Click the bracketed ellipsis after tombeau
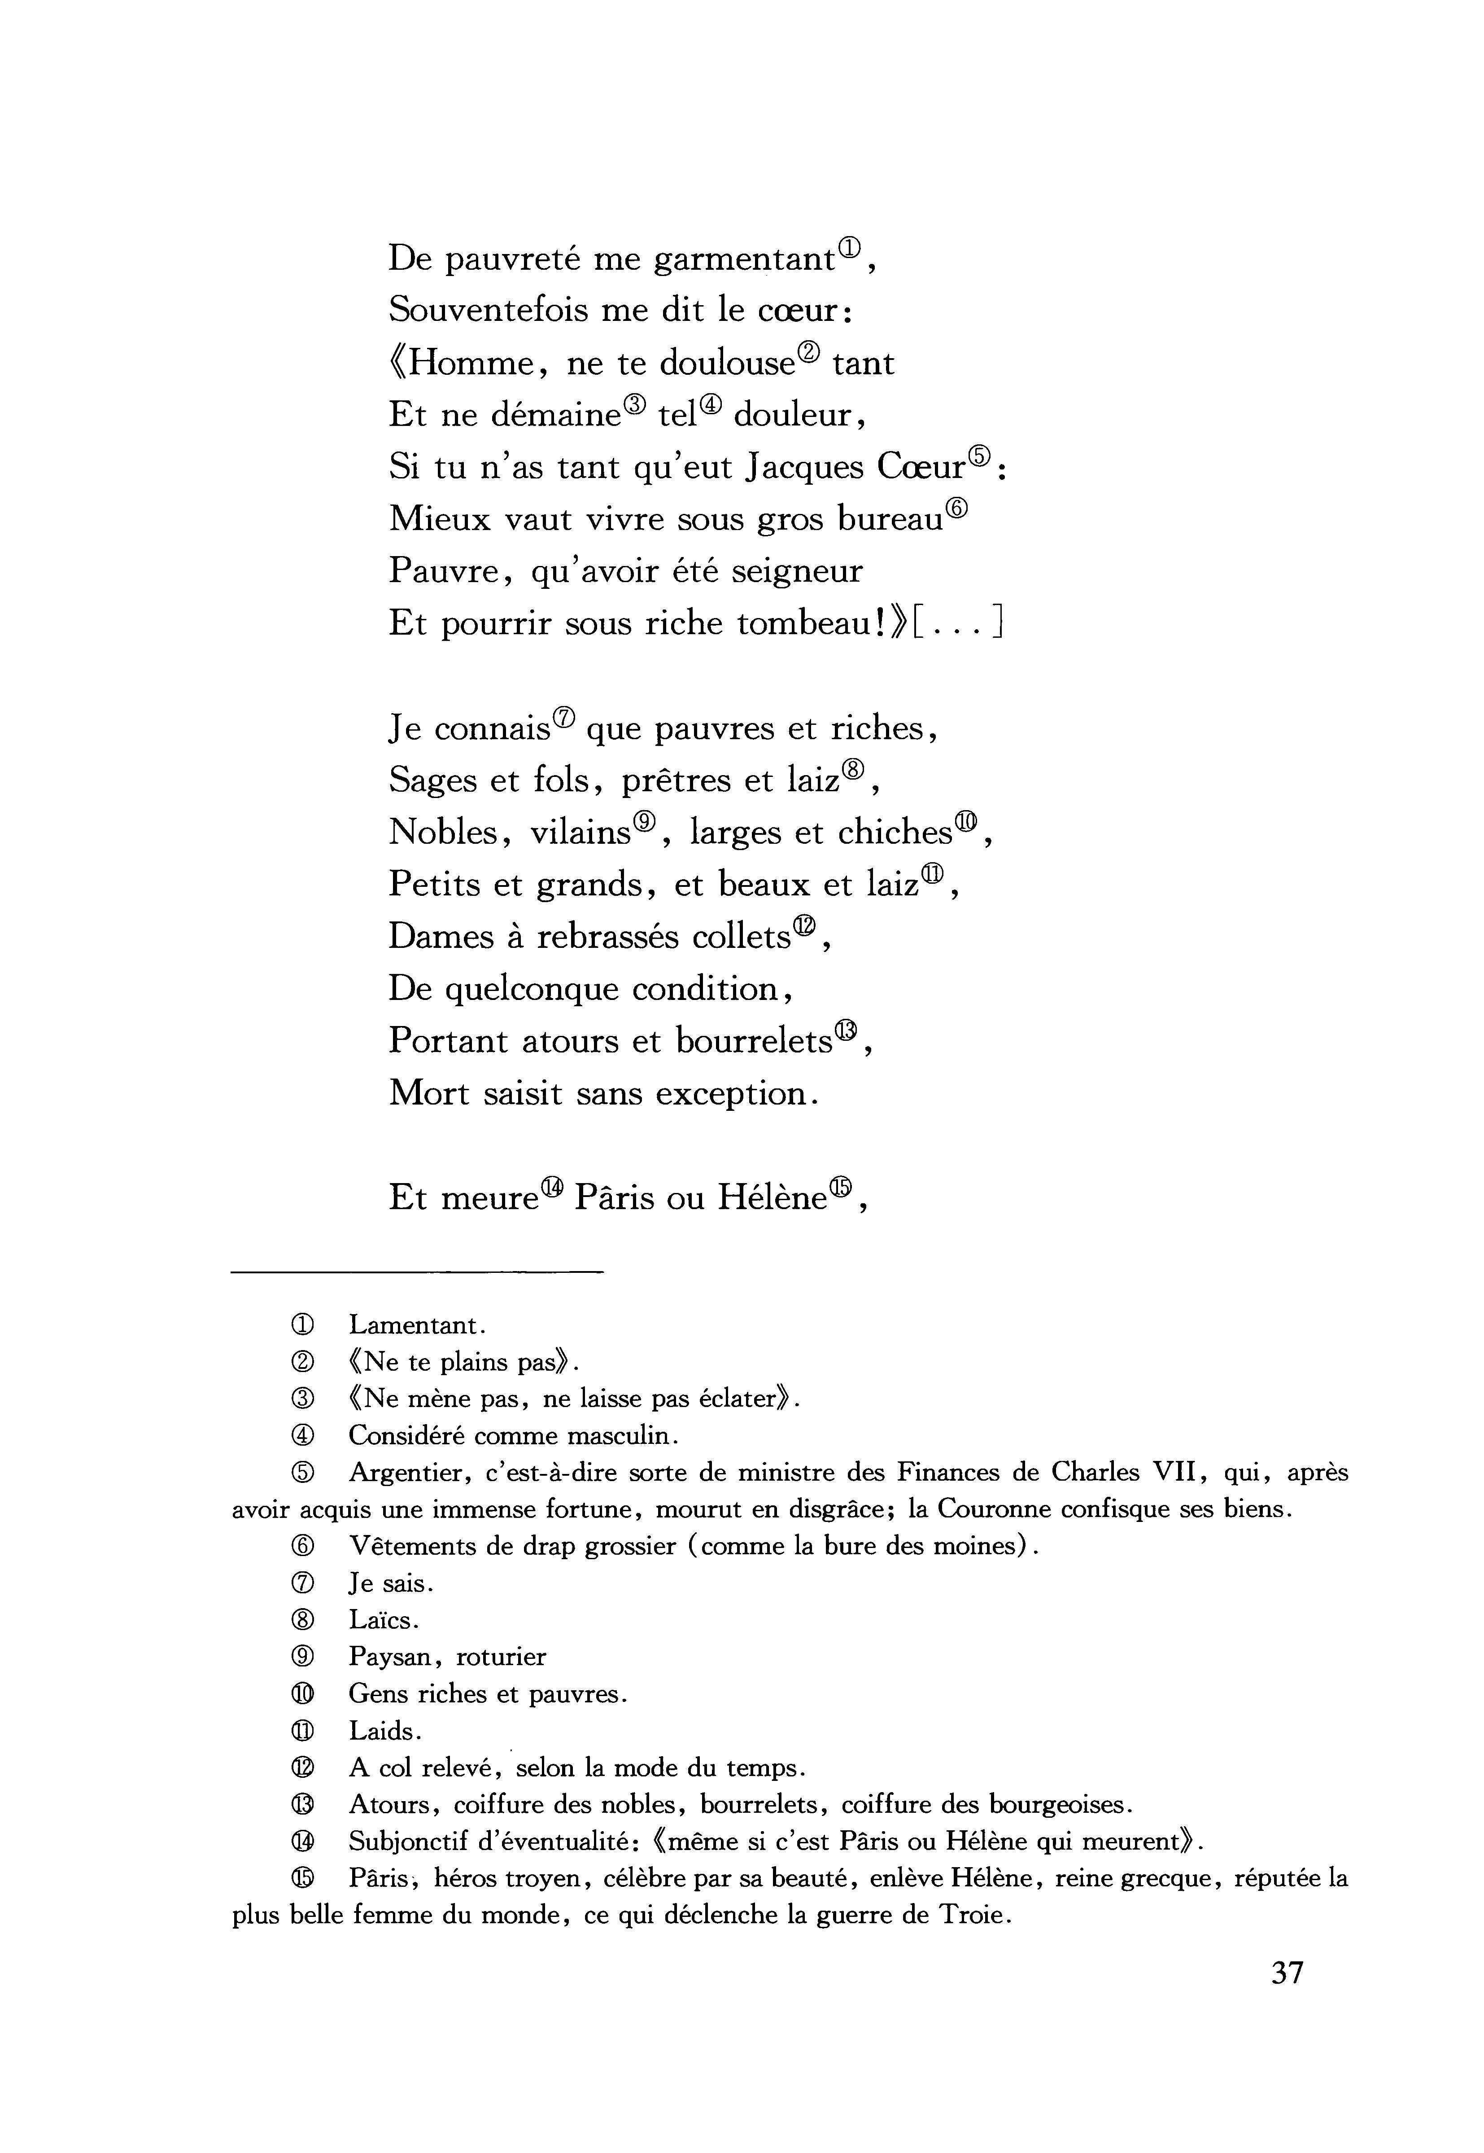(x=958, y=624)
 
